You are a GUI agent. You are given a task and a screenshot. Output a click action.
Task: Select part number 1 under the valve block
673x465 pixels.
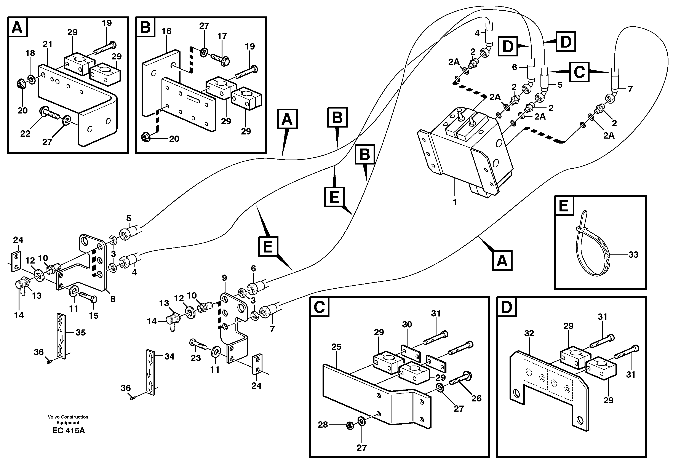(x=455, y=202)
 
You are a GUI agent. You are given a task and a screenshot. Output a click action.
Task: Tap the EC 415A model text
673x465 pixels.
(x=69, y=430)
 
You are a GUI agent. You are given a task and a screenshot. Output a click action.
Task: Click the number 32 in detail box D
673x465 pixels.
(x=529, y=333)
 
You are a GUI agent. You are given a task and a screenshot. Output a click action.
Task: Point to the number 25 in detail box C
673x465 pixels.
(x=336, y=347)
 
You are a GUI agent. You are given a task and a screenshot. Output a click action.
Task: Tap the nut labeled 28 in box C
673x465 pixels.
(x=350, y=426)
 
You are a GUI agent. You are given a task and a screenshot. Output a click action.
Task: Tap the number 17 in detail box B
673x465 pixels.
(x=222, y=36)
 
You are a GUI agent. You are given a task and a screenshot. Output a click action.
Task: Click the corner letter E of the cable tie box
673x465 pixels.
(x=563, y=206)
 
